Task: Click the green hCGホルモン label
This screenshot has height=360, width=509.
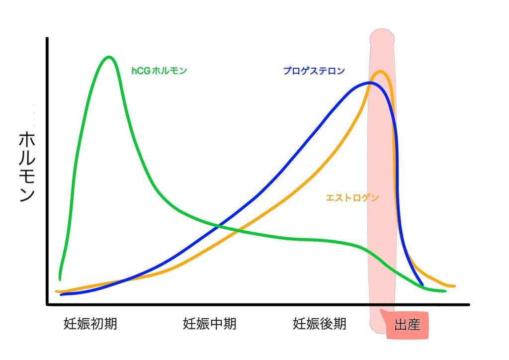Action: pyautogui.click(x=159, y=71)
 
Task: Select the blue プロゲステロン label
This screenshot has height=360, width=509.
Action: pyautogui.click(x=314, y=71)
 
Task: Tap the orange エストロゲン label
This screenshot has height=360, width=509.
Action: pyautogui.click(x=352, y=197)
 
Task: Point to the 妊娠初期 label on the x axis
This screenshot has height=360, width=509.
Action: pyautogui.click(x=90, y=324)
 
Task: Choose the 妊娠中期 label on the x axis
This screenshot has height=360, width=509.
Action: pyautogui.click(x=209, y=324)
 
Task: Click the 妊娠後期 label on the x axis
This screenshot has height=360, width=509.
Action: pyautogui.click(x=319, y=324)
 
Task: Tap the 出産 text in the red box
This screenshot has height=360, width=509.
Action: pyautogui.click(x=407, y=326)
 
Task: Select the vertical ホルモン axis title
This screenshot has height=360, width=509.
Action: pyautogui.click(x=26, y=167)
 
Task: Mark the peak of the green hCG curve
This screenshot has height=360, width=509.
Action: pyautogui.click(x=108, y=57)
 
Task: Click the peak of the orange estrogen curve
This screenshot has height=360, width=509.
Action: pyautogui.click(x=381, y=72)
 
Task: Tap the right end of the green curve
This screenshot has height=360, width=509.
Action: pyautogui.click(x=445, y=291)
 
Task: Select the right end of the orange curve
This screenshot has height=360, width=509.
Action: pyautogui.click(x=454, y=286)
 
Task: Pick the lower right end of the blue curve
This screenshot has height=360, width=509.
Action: pyautogui.click(x=423, y=285)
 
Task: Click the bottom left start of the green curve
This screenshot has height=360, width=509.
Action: pyautogui.click(x=60, y=279)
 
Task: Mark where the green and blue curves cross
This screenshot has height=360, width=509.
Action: pyautogui.click(x=218, y=227)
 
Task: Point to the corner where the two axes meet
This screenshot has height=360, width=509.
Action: pyautogui.click(x=47, y=304)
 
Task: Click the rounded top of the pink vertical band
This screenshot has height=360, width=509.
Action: pyautogui.click(x=382, y=36)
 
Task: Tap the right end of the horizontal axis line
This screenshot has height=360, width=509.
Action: pyautogui.click(x=468, y=305)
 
